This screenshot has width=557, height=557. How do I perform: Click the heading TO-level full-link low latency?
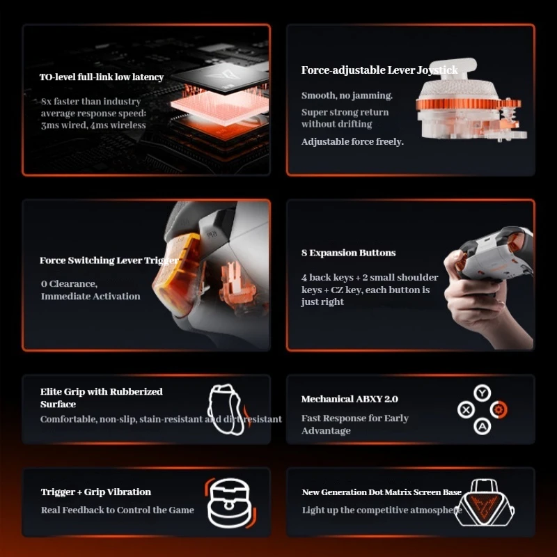(102, 77)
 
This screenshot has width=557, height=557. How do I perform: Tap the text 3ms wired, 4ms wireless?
(93, 125)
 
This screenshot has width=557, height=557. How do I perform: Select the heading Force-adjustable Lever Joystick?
(379, 70)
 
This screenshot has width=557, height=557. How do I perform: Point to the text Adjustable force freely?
(352, 142)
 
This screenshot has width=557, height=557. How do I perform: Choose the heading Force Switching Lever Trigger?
(109, 260)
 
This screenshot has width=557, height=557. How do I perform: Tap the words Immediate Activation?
(91, 297)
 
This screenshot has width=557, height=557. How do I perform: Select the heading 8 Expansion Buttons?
(349, 253)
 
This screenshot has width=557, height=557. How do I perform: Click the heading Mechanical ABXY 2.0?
(350, 399)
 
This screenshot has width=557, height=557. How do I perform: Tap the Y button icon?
(482, 393)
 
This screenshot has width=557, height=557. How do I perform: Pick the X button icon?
(466, 409)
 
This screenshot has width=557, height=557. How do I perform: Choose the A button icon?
(482, 426)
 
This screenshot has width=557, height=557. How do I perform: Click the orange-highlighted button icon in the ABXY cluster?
(499, 409)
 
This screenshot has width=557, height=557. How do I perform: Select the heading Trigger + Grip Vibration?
(96, 492)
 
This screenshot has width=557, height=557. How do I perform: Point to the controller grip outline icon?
(228, 409)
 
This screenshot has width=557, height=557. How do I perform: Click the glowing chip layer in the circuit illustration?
(219, 106)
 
